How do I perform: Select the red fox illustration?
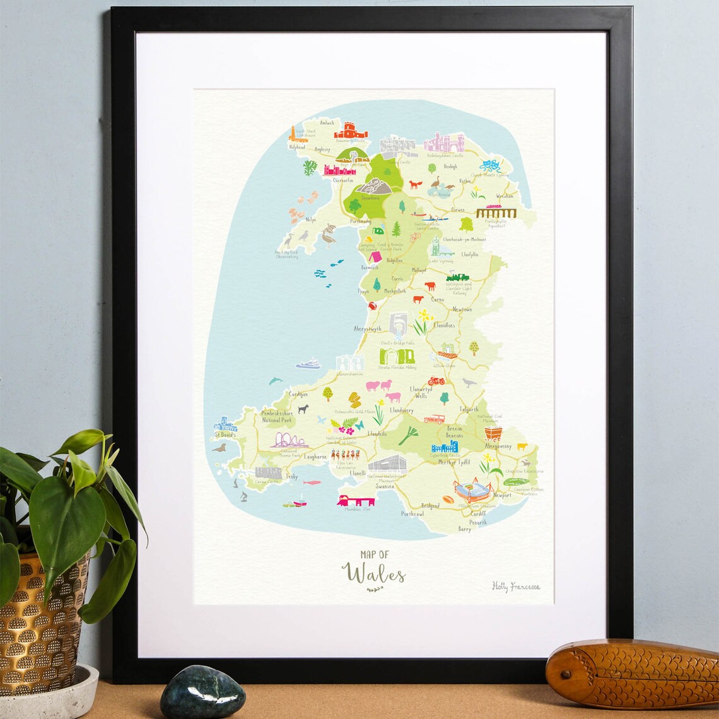(x=415, y=184)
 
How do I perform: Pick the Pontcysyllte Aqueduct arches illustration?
(x=496, y=213)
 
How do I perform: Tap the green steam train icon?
(x=457, y=277)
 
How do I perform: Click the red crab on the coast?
(x=372, y=306)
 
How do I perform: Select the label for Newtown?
(x=462, y=310)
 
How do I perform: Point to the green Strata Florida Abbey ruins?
(x=397, y=356)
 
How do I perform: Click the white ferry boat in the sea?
(x=308, y=363)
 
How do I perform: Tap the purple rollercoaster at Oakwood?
(x=288, y=440)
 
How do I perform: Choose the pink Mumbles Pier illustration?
(x=356, y=500)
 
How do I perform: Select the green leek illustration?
(x=408, y=435)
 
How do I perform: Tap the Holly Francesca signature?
(x=515, y=587)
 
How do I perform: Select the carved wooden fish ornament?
(x=631, y=673)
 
